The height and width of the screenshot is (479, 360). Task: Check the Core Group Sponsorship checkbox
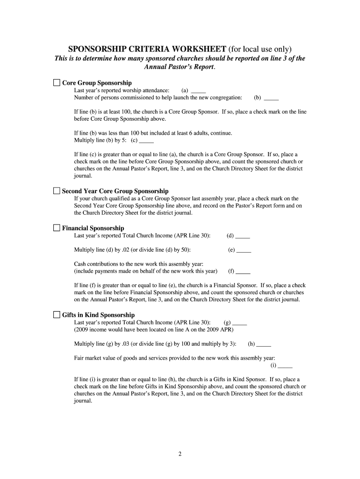pos(57,83)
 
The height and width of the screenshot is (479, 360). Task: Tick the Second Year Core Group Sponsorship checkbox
pos(57,191)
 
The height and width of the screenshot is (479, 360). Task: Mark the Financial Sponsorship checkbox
pos(57,228)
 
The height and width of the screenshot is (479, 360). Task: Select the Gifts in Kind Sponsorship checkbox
pos(57,315)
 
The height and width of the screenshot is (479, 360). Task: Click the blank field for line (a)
pos(199,91)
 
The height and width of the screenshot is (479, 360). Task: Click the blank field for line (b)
pos(271,98)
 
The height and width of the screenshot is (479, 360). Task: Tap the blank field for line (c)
pos(146,140)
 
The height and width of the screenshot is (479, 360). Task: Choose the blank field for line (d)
pos(243,236)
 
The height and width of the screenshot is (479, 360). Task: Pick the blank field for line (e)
pos(244,250)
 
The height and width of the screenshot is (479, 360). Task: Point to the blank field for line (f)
pos(243,271)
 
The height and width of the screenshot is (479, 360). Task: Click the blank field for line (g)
pos(239,322)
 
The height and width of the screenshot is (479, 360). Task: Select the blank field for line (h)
pos(264,344)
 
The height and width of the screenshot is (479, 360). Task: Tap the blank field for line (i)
pos(285,365)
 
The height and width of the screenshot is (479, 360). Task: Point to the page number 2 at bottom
pos(180,454)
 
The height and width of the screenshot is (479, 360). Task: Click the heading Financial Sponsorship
pos(93,228)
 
